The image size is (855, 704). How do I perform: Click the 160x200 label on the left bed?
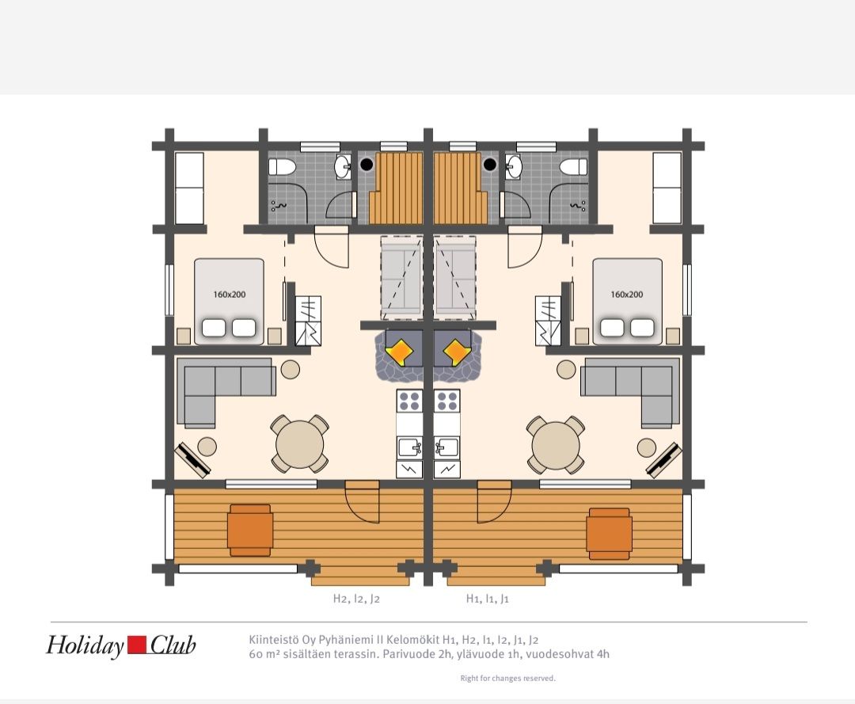click(x=229, y=295)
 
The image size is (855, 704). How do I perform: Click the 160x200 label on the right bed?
click(x=626, y=295)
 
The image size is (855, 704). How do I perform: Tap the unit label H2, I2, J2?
click(x=356, y=599)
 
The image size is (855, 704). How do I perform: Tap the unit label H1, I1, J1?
click(x=487, y=599)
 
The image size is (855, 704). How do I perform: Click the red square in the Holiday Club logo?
click(x=138, y=645)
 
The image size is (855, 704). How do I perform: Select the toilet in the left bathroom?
click(x=283, y=166)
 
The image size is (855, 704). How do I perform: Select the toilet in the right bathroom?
click(x=574, y=166)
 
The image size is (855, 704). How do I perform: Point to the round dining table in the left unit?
click(x=299, y=444)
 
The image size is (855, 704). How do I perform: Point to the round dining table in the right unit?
click(x=556, y=444)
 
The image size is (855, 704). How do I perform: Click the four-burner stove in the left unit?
click(x=409, y=401)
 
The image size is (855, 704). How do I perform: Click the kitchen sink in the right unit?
click(x=446, y=447)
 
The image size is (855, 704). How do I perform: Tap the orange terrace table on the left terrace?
click(x=250, y=530)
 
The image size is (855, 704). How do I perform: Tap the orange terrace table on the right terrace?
click(x=609, y=534)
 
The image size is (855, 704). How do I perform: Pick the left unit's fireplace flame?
click(x=400, y=352)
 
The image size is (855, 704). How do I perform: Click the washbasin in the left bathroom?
click(x=343, y=166)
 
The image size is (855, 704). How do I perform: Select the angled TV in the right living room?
click(x=664, y=459)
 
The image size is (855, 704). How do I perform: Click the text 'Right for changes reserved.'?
click(x=507, y=679)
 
